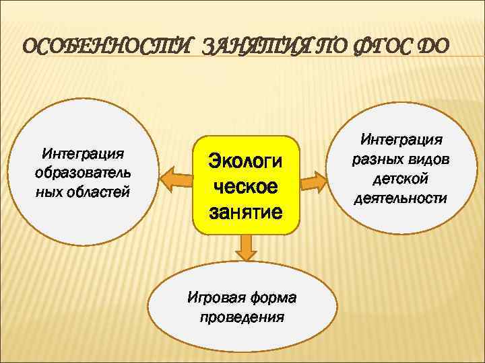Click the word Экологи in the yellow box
tap(246, 161)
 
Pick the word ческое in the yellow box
tap(246, 187)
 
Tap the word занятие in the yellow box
tap(246, 212)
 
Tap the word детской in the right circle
tap(402, 179)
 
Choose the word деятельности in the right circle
tap(402, 198)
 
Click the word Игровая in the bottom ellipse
tap(216, 298)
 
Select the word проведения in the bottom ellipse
tap(242, 317)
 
